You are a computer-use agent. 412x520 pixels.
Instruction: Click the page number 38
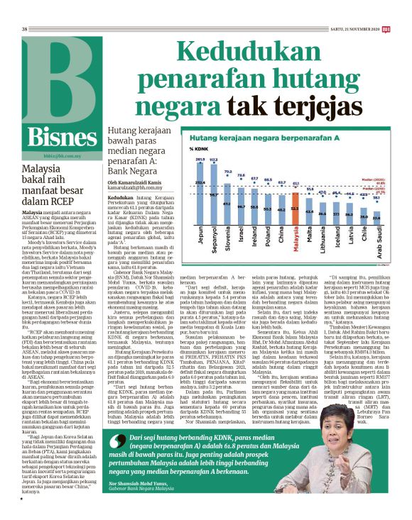[24, 9]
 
